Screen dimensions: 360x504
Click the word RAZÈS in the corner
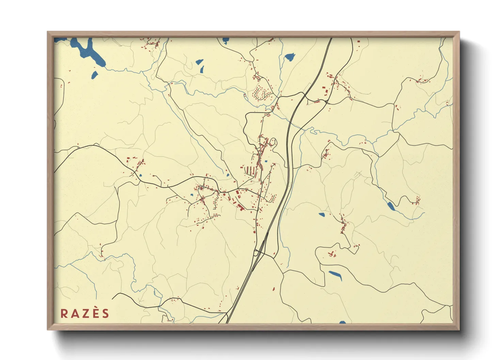(x=85, y=313)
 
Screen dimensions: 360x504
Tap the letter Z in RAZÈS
(x=85, y=313)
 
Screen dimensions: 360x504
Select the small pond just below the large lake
(x=94, y=74)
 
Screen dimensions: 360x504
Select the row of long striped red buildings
(x=251, y=170)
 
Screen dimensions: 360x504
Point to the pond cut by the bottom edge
(x=342, y=322)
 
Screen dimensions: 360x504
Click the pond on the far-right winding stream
(x=390, y=206)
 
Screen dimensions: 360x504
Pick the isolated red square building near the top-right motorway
(x=358, y=42)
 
